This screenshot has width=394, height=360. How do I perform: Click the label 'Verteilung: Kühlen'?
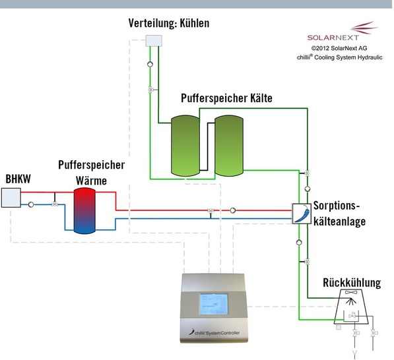pyautogui.click(x=168, y=24)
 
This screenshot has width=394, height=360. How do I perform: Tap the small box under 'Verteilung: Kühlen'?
pyautogui.click(x=153, y=42)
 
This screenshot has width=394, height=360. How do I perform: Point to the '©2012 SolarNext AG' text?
pyautogui.click(x=339, y=48)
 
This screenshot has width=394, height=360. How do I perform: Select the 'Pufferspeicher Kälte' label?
pyautogui.click(x=226, y=98)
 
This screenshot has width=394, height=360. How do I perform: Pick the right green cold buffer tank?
pyautogui.click(x=228, y=145)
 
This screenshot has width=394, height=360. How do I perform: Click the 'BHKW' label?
pyautogui.click(x=18, y=179)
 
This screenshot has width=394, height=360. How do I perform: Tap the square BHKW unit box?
pyautogui.click(x=11, y=197)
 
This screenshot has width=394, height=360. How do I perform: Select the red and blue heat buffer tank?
pyautogui.click(x=84, y=210)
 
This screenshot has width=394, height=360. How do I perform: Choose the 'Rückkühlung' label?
pyautogui.click(x=351, y=283)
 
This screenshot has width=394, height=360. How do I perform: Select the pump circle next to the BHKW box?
pyautogui.click(x=30, y=204)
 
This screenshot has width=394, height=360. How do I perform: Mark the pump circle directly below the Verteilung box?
pyautogui.click(x=150, y=65)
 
